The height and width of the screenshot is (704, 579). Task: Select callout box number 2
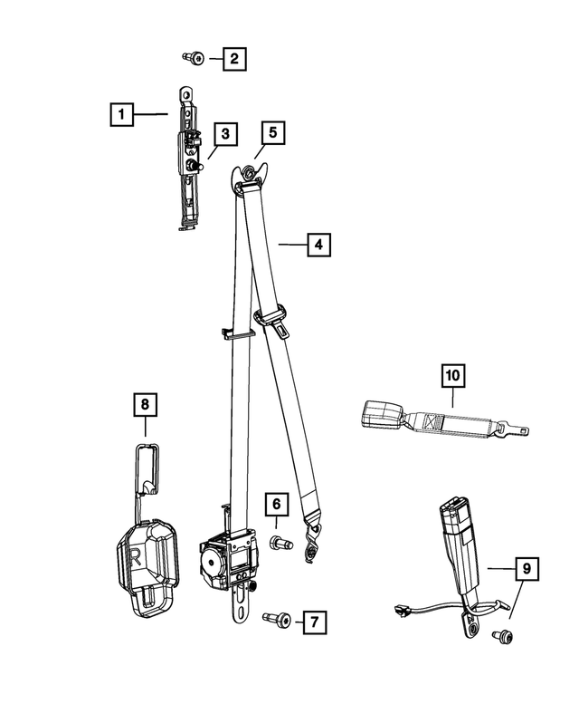coord(233,60)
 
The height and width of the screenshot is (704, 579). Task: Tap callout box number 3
coord(225,135)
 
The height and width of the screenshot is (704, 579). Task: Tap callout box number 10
coord(452,373)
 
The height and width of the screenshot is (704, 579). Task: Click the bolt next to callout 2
coord(193,59)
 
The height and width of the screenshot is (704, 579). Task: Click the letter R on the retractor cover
coord(135,555)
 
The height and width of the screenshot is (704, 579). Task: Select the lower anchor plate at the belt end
coord(314,542)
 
